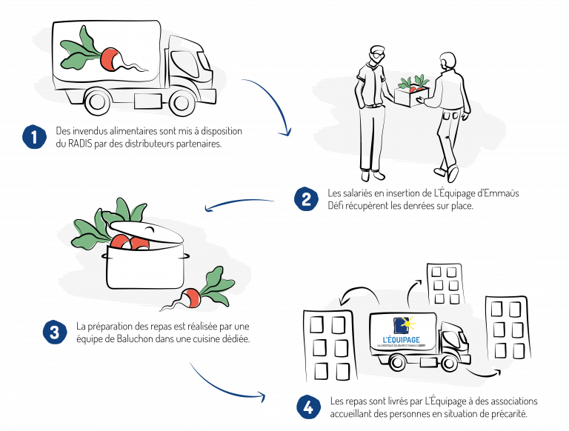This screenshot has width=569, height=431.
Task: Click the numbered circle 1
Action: (35, 137)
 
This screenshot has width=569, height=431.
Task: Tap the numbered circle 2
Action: (306, 198)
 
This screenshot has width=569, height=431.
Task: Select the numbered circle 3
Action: (55, 332)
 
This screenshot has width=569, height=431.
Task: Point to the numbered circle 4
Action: (308, 407)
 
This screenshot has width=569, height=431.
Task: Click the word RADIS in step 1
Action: (80, 144)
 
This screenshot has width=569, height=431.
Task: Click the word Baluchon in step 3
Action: (135, 339)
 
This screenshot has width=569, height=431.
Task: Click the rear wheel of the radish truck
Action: (98, 101)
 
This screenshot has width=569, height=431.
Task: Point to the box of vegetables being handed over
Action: (412, 95)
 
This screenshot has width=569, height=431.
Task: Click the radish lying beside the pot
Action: (190, 298)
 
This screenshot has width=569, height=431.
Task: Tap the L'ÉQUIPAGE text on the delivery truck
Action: (402, 340)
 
